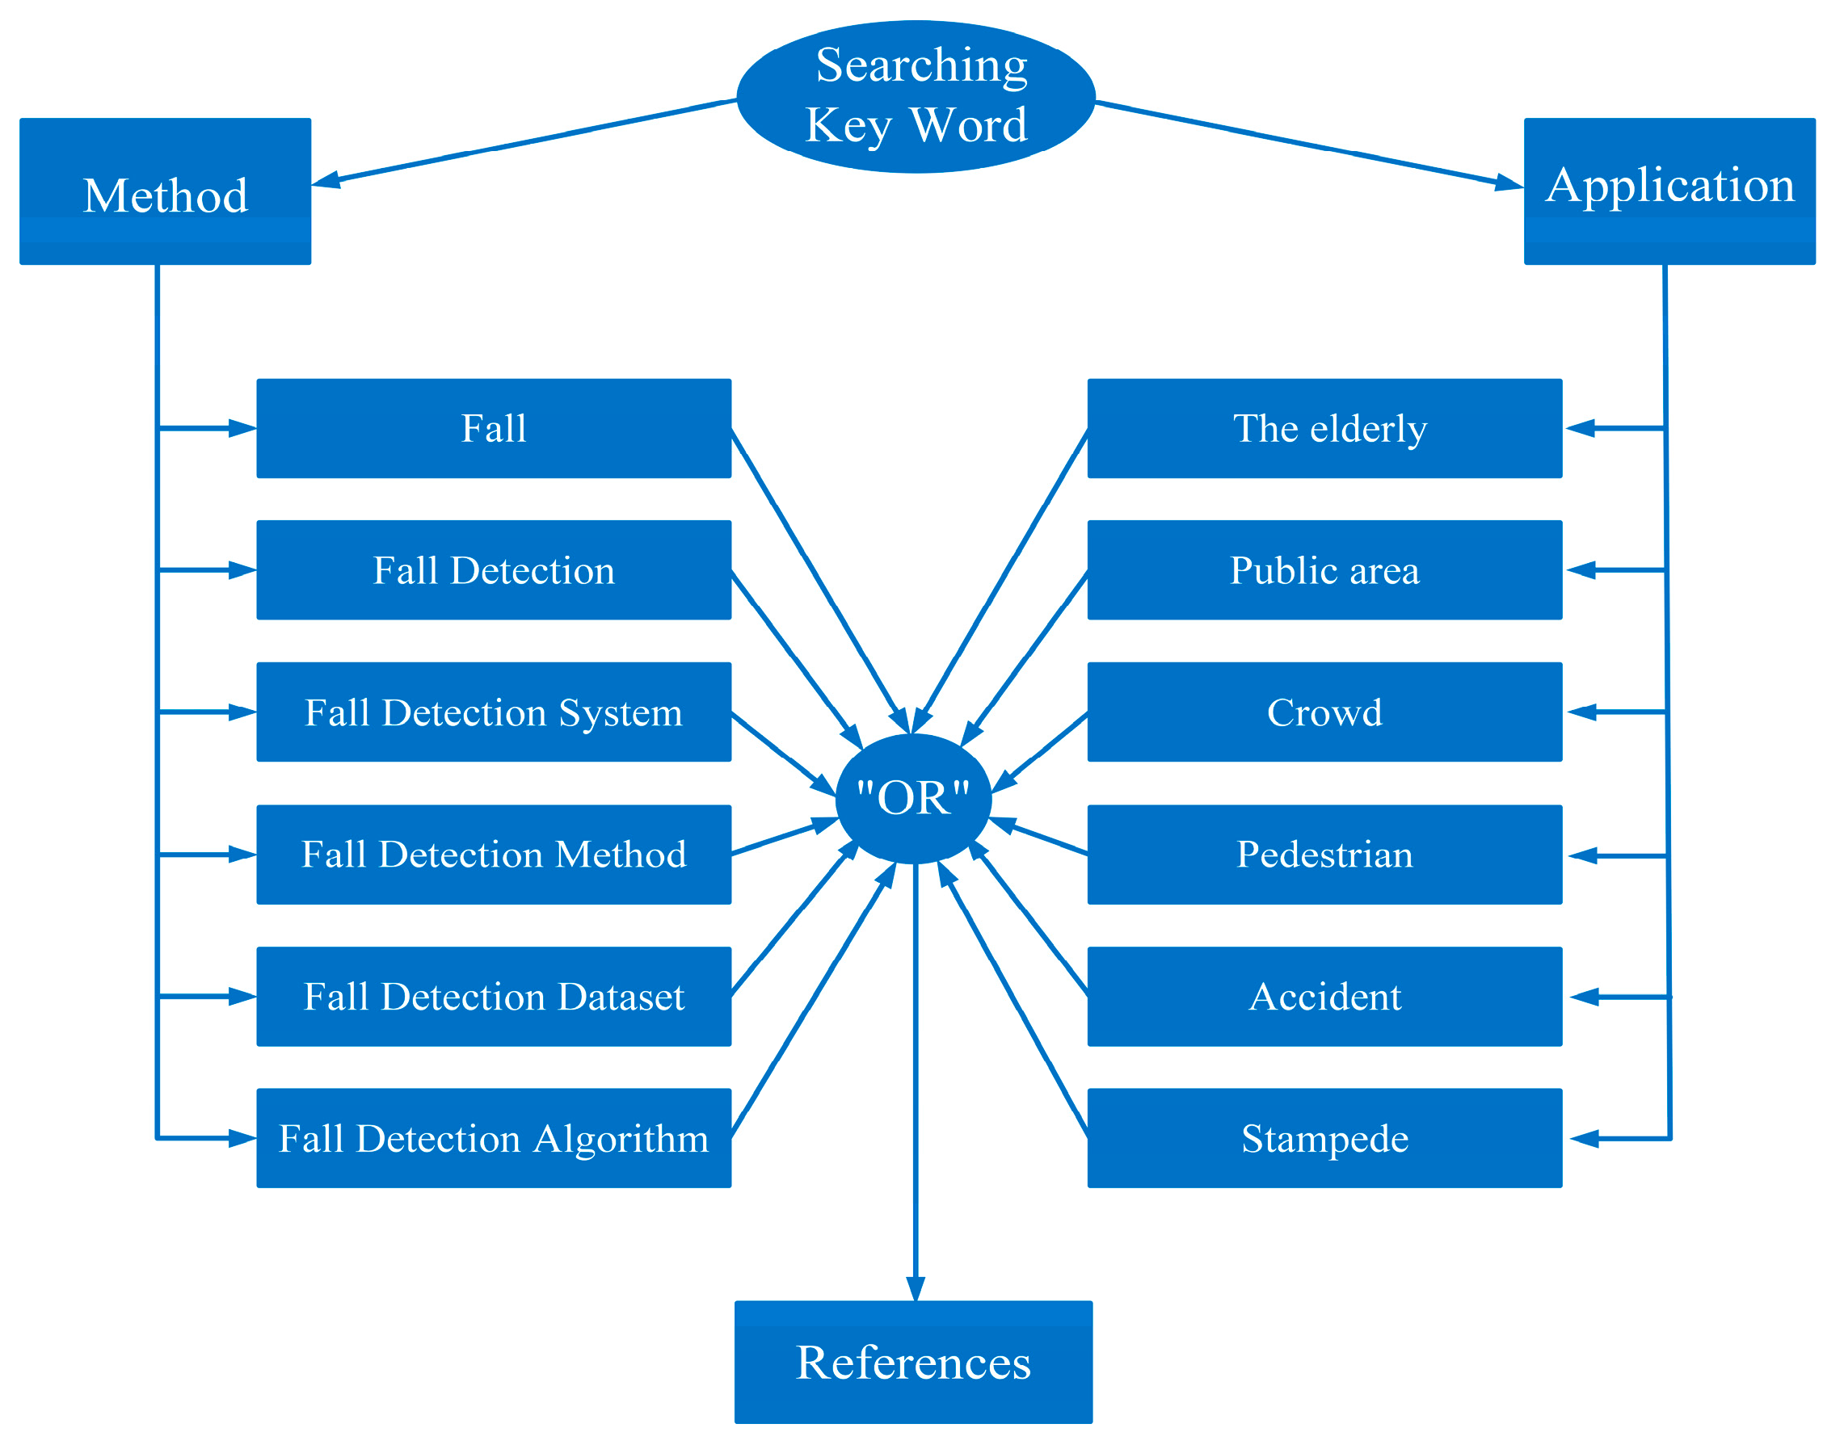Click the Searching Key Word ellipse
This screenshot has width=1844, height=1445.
pyautogui.click(x=916, y=96)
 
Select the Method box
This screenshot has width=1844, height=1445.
pyautogui.click(x=165, y=191)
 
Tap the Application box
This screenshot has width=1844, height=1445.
pyautogui.click(x=1669, y=191)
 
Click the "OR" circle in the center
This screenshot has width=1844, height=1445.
pyautogui.click(x=913, y=798)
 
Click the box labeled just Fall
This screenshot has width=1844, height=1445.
pyautogui.click(x=494, y=428)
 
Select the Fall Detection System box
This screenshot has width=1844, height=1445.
pyautogui.click(x=494, y=712)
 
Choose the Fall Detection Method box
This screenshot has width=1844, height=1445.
pyautogui.click(x=494, y=855)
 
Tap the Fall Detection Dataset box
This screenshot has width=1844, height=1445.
pyautogui.click(x=494, y=997)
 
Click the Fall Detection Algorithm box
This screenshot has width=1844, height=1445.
pyautogui.click(x=494, y=1138)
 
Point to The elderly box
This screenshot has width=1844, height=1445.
pyautogui.click(x=1324, y=428)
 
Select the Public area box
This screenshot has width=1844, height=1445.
pyautogui.click(x=1324, y=569)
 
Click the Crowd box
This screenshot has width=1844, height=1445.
pyautogui.click(x=1324, y=712)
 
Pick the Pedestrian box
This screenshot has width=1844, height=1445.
pyautogui.click(x=1324, y=855)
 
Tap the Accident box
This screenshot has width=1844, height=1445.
pyautogui.click(x=1324, y=997)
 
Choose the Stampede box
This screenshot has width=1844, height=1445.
pyautogui.click(x=1324, y=1138)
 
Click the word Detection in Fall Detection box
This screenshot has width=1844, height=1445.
pyautogui.click(x=533, y=570)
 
